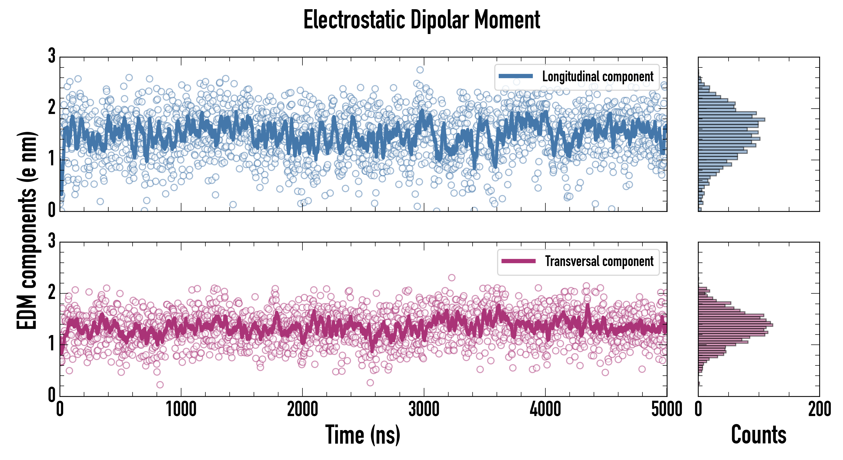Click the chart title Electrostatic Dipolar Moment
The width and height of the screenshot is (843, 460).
click(x=421, y=20)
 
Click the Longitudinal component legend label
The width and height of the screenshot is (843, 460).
click(x=598, y=77)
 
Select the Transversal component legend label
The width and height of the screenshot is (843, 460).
click(x=599, y=261)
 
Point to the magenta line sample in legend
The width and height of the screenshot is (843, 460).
click(x=518, y=261)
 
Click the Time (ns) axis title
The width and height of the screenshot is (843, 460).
click(x=362, y=434)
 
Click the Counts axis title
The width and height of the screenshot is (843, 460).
click(x=758, y=434)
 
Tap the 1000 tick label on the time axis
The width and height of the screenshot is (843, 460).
click(x=181, y=409)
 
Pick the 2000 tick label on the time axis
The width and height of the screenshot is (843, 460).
click(x=302, y=409)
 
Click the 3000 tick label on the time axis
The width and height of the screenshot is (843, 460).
click(x=424, y=409)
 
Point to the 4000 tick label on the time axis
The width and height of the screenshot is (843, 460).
click(x=545, y=409)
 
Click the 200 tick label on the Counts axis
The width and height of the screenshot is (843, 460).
click(x=819, y=409)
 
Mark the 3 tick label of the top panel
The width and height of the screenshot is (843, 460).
click(x=52, y=56)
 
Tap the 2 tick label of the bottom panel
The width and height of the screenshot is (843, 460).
click(x=52, y=292)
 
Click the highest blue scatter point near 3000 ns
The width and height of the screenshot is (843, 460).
click(x=420, y=70)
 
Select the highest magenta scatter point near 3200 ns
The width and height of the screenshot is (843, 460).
click(x=452, y=278)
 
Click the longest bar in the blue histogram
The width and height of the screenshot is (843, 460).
click(x=731, y=120)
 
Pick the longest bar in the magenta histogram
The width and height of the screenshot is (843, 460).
click(x=735, y=325)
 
